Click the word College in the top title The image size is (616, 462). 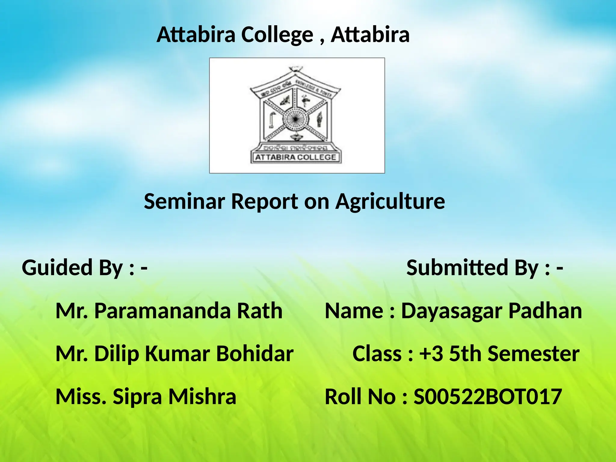(x=277, y=35)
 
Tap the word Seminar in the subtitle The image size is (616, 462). (x=184, y=201)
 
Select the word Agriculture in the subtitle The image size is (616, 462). (x=390, y=202)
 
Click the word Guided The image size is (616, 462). (x=57, y=268)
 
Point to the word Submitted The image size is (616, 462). (x=457, y=268)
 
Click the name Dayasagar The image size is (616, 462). (x=452, y=311)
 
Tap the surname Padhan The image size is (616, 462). (x=545, y=311)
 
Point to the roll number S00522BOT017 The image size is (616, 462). (x=488, y=397)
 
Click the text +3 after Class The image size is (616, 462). (x=431, y=354)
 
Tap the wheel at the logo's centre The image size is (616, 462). (x=295, y=119)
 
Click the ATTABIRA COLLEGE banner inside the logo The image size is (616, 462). (x=295, y=157)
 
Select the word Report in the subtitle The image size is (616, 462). (x=264, y=202)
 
